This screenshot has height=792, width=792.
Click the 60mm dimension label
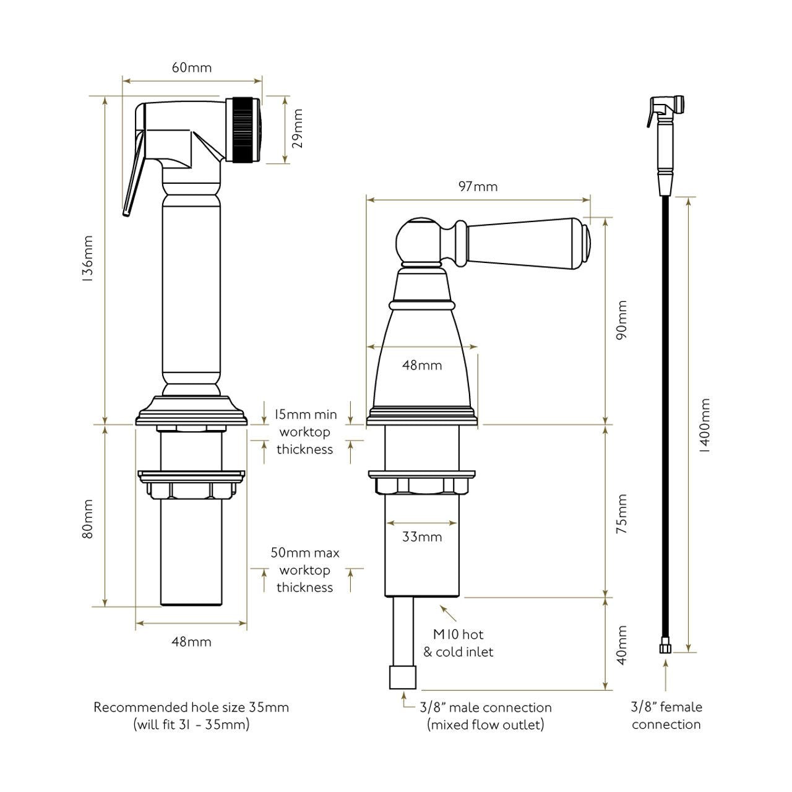click(191, 67)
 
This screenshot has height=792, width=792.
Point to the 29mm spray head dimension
click(298, 129)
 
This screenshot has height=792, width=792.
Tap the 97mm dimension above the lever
click(478, 186)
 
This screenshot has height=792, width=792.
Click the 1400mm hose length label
click(704, 426)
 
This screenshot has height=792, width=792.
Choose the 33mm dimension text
click(422, 536)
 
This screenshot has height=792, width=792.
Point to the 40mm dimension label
click(622, 645)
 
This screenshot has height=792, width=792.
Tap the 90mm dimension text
click(622, 320)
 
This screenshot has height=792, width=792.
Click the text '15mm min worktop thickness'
click(306, 432)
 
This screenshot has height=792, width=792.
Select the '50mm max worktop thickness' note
click(304, 570)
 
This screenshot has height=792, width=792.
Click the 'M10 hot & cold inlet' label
click(458, 642)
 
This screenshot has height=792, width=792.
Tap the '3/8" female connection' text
click(666, 715)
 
